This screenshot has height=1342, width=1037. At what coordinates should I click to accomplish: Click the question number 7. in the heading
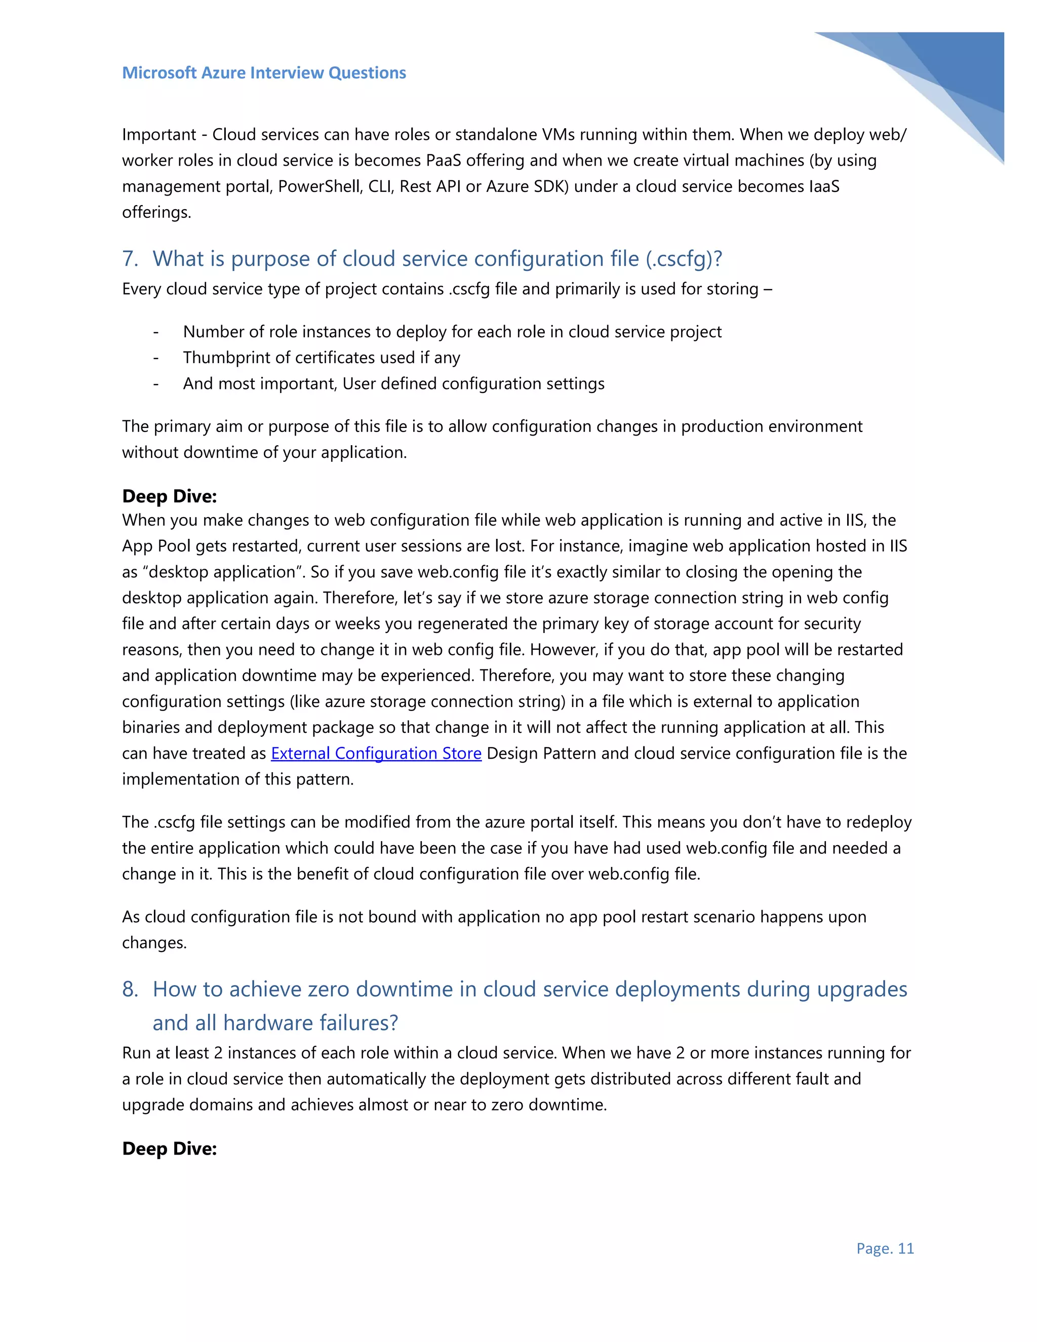pos(130,259)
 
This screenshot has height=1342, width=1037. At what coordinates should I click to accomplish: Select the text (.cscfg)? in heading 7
pos(684,259)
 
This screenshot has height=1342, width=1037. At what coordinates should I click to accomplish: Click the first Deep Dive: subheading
pos(170,496)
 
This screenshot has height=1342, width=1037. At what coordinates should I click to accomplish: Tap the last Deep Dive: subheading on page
pos(170,1149)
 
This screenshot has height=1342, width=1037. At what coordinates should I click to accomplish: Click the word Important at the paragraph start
pos(159,135)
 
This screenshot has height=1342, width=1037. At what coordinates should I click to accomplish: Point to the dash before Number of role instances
pos(156,332)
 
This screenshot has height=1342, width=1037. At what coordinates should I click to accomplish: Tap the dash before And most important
pos(156,383)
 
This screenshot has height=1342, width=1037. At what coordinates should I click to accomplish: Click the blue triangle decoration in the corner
pos(959,74)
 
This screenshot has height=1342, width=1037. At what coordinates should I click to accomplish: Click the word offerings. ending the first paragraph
pos(156,212)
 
